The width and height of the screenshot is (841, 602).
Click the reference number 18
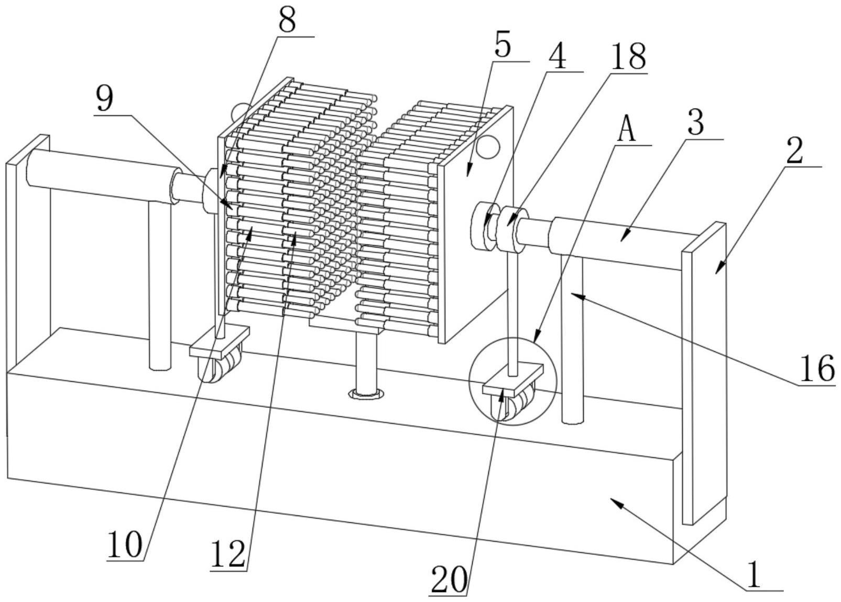click(x=628, y=57)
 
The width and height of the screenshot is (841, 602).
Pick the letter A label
click(x=626, y=130)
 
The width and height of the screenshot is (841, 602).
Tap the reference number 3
click(x=696, y=123)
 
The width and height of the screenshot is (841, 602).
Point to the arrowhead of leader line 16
click(x=576, y=296)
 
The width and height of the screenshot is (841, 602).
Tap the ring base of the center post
click(x=366, y=394)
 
